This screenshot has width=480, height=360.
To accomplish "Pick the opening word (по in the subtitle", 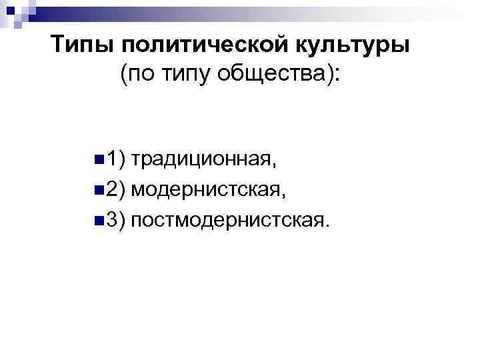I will [137, 74].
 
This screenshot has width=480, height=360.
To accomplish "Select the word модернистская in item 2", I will [208, 191].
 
